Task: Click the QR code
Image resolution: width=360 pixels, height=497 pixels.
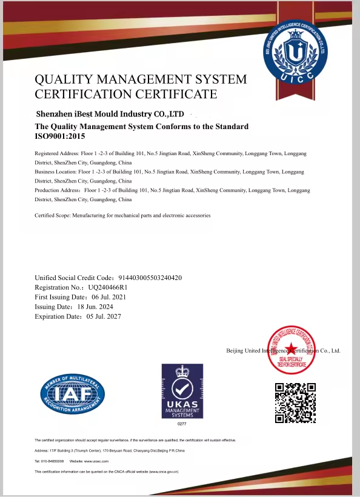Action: [x=295, y=402]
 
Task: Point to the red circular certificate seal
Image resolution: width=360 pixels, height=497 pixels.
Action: [x=293, y=351]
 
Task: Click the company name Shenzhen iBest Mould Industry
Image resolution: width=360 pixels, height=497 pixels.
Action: [x=109, y=114]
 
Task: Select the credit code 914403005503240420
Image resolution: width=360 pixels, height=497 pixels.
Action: [x=147, y=278]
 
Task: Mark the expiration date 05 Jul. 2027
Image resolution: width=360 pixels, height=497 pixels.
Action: [x=109, y=316]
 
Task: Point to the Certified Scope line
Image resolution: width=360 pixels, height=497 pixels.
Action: [x=122, y=216]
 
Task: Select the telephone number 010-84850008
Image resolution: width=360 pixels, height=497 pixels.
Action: [x=53, y=462]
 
